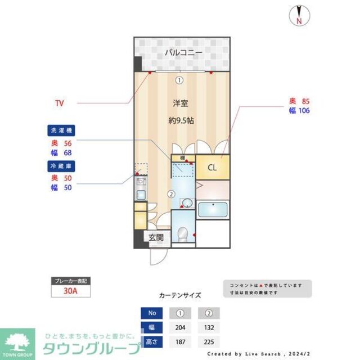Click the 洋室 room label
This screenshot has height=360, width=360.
(181, 103)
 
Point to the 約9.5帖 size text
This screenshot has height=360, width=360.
(181, 120)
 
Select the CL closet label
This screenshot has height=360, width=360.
(212, 167)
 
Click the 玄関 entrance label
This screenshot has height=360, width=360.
(156, 237)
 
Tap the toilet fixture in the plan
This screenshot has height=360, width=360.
(182, 233)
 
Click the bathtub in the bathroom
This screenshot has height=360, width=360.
(212, 209)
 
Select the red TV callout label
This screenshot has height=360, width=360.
(59, 103)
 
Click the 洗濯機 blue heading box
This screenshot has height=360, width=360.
(61, 130)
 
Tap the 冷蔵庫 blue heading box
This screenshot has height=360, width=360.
(61, 166)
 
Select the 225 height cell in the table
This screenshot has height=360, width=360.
(209, 341)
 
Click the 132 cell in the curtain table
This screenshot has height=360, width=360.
(209, 327)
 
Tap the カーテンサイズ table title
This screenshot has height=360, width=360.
(179, 295)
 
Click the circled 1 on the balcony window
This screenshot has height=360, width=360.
(179, 80)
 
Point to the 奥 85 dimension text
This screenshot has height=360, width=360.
(299, 101)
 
